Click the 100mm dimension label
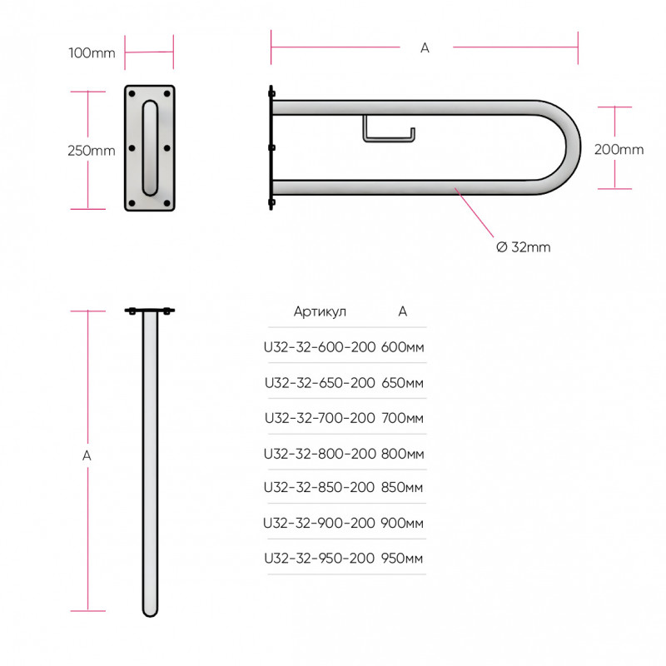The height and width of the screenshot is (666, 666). (x=92, y=53)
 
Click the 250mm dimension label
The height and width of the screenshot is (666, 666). (x=92, y=151)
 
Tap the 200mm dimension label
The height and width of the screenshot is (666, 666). (x=619, y=150)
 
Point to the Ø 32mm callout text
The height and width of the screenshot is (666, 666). (x=524, y=247)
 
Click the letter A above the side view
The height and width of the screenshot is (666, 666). (x=425, y=48)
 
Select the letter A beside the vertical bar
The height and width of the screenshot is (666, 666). (x=87, y=455)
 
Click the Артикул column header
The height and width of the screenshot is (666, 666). (x=320, y=311)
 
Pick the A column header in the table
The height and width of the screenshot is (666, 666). (x=403, y=311)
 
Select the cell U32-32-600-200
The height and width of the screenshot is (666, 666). (x=320, y=347)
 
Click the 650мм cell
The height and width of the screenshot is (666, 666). (x=402, y=383)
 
